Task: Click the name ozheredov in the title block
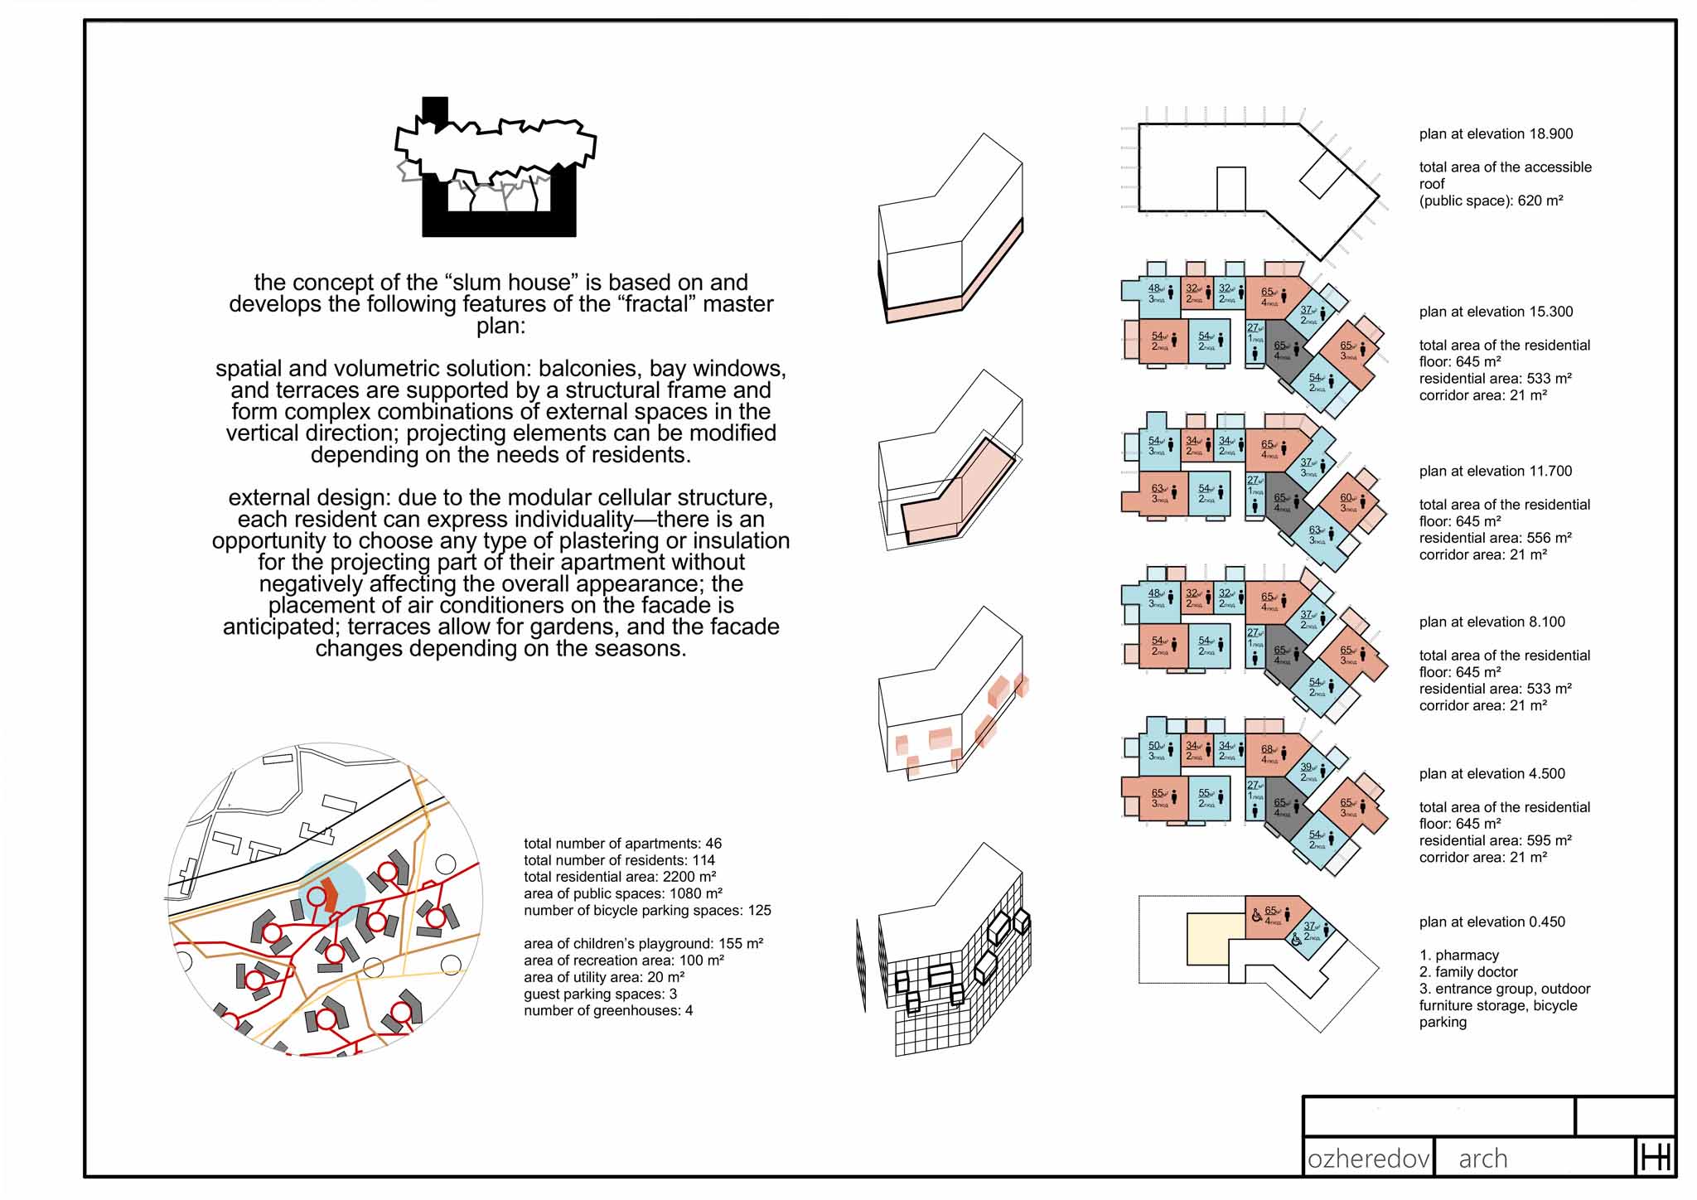click(1368, 1158)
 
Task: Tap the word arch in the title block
click(1482, 1158)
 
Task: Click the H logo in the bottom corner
click(1655, 1157)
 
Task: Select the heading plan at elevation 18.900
click(1496, 134)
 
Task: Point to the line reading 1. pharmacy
click(1458, 955)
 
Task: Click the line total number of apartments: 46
click(622, 844)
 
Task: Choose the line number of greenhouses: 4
click(608, 1010)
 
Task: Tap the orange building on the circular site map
click(330, 895)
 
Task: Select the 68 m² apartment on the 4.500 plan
click(1269, 752)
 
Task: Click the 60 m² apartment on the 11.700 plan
click(1349, 501)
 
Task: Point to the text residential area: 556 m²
click(1495, 538)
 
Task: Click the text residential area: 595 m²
click(1495, 840)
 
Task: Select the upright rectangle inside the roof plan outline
click(1230, 189)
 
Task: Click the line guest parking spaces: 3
click(600, 994)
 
